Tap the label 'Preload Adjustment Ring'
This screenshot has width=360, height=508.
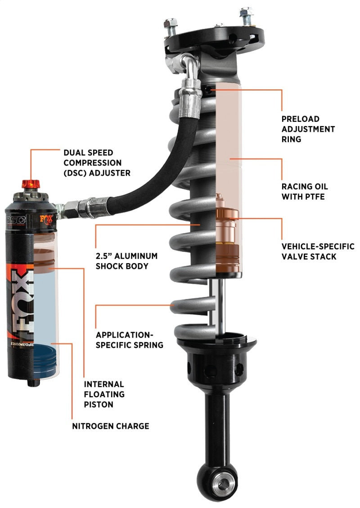point(308,129)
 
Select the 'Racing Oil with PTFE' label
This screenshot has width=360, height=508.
point(305,191)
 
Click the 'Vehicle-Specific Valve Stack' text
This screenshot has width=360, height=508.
point(318,252)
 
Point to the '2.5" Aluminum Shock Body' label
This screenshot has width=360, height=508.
point(126,261)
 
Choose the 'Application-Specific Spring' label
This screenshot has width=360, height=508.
point(130,340)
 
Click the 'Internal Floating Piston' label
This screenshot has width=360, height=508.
point(104,394)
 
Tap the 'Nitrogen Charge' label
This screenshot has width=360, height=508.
point(111,426)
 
